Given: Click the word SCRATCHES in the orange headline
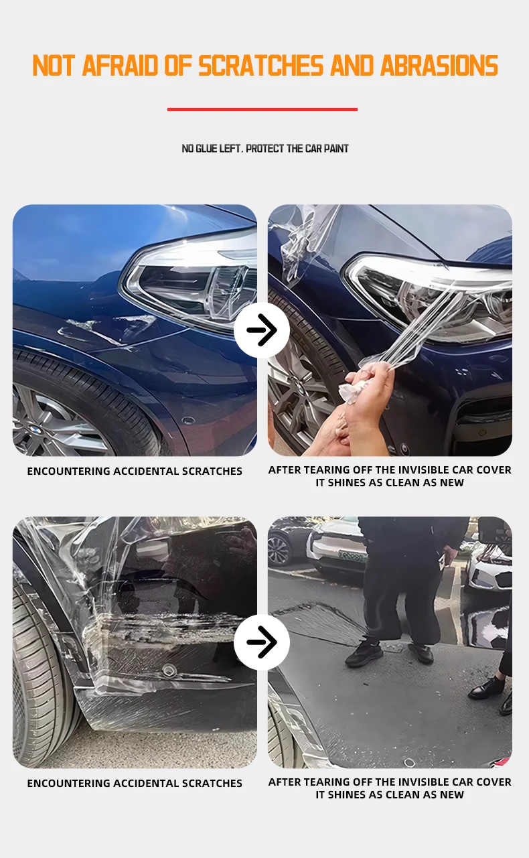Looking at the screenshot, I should (262, 66).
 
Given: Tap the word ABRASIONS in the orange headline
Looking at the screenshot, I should (439, 66).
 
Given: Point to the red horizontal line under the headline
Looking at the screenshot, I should (262, 109).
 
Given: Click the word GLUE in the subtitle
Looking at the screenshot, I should (207, 149).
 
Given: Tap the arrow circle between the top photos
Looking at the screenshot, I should (262, 330).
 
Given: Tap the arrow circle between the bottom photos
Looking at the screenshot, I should (262, 642).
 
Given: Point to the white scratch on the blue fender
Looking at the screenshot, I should (107, 328).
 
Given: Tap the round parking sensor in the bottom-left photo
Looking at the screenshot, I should (169, 668).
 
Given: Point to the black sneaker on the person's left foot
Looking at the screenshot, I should (364, 653).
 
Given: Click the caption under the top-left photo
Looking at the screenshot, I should (135, 472).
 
